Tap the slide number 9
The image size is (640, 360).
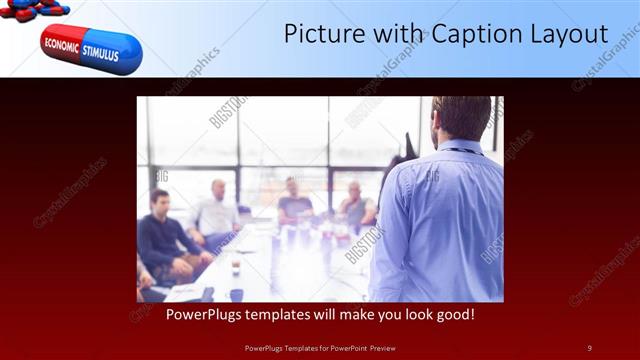click(x=589, y=347)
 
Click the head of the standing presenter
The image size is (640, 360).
click(x=461, y=118)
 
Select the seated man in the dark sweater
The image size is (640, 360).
click(x=162, y=240)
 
